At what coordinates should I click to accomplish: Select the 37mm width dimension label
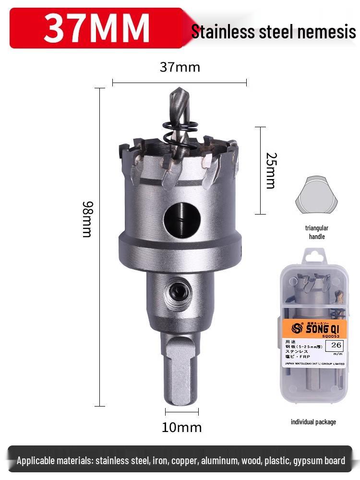tap(180, 67)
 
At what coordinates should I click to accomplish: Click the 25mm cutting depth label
tap(271, 170)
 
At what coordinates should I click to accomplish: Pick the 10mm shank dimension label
tap(181, 427)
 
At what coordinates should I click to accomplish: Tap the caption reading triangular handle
tap(316, 232)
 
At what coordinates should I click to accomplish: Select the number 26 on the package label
tap(336, 345)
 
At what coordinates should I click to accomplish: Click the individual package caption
tap(313, 422)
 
